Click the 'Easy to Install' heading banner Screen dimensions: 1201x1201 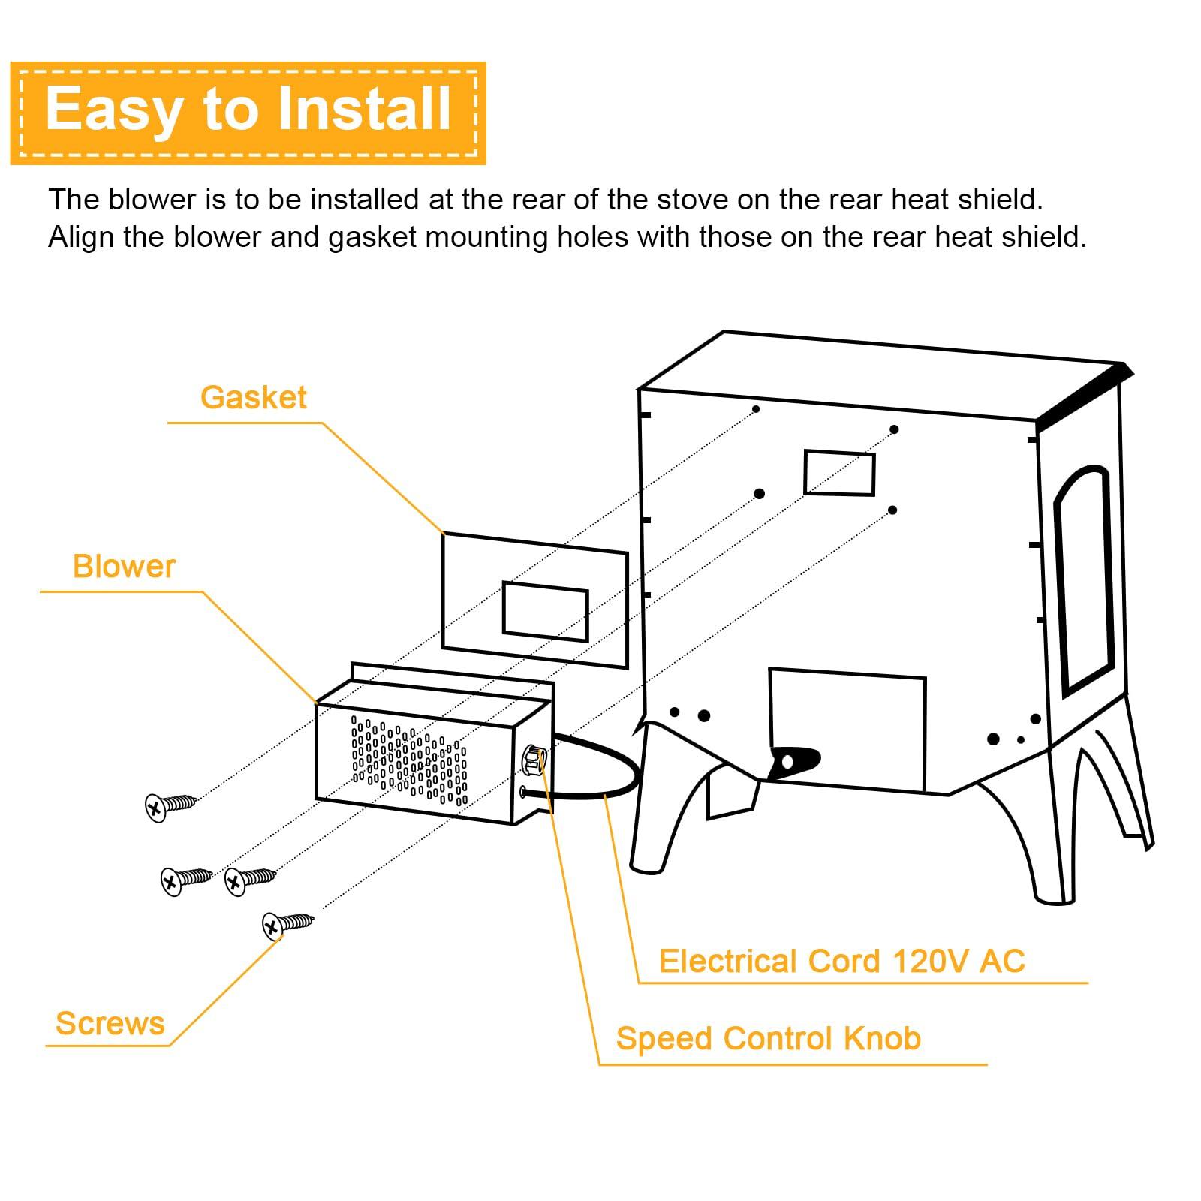[248, 111]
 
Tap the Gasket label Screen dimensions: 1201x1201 [253, 398]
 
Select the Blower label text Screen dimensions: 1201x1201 [124, 567]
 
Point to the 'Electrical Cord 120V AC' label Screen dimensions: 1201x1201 [841, 962]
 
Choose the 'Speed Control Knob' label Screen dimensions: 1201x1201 [768, 1039]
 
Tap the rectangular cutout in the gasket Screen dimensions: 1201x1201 [545, 611]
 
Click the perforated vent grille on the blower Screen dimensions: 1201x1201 [410, 760]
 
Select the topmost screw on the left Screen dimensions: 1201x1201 [170, 805]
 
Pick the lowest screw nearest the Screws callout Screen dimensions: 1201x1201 [287, 923]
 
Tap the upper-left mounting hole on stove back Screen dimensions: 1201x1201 [756, 409]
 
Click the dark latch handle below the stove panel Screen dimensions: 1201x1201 [794, 761]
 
